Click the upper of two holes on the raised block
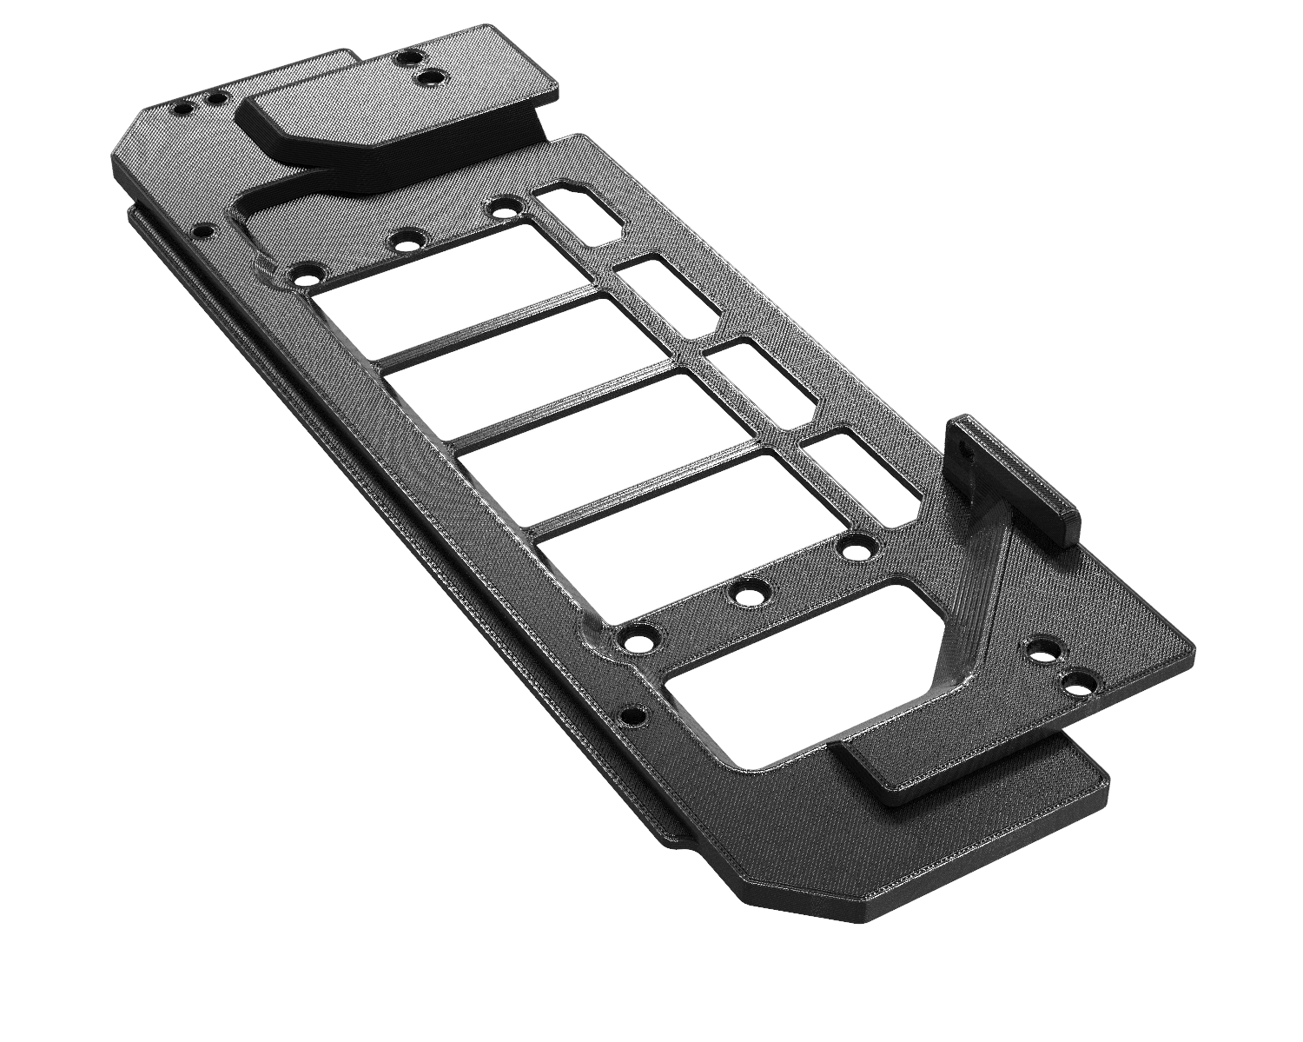coord(405,59)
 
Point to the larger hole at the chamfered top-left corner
coord(183,110)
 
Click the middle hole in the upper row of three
coord(404,243)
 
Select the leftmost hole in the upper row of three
coord(305,279)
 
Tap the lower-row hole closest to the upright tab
coord(854,551)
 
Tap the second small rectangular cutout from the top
coord(669,293)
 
